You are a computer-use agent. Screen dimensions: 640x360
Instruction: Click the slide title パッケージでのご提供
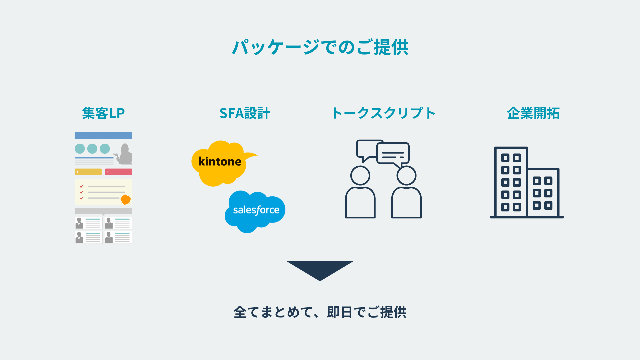pyautogui.click(x=320, y=47)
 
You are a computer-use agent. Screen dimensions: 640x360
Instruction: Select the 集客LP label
pyautogui.click(x=103, y=113)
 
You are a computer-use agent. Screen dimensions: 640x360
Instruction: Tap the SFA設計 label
pyautogui.click(x=245, y=113)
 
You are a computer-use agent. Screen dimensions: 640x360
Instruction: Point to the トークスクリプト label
pyautogui.click(x=384, y=113)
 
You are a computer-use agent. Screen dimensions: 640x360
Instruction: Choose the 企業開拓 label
pyautogui.click(x=533, y=113)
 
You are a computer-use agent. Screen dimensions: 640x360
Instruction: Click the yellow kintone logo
pyautogui.click(x=220, y=162)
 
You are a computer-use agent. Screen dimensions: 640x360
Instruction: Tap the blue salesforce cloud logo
pyautogui.click(x=256, y=210)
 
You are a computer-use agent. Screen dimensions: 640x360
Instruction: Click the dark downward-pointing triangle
pyautogui.click(x=320, y=269)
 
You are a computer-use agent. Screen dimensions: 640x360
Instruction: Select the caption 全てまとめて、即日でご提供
pyautogui.click(x=320, y=312)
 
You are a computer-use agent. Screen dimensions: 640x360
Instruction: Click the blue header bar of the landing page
pyautogui.click(x=103, y=135)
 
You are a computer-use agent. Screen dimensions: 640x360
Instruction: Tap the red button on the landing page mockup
pyautogui.click(x=118, y=172)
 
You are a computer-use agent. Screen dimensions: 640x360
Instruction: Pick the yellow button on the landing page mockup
pyautogui.click(x=88, y=172)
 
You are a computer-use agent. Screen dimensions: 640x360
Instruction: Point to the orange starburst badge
pyautogui.click(x=126, y=200)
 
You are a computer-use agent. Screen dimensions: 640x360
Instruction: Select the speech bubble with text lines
pyautogui.click(x=393, y=154)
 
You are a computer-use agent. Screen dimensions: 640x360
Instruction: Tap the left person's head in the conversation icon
pyautogui.click(x=360, y=175)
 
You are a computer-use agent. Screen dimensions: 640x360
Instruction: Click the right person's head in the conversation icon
pyautogui.click(x=406, y=175)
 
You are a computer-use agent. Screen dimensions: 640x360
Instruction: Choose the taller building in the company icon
pyautogui.click(x=511, y=182)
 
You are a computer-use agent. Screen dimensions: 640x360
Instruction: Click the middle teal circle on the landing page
pyautogui.click(x=92, y=149)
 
